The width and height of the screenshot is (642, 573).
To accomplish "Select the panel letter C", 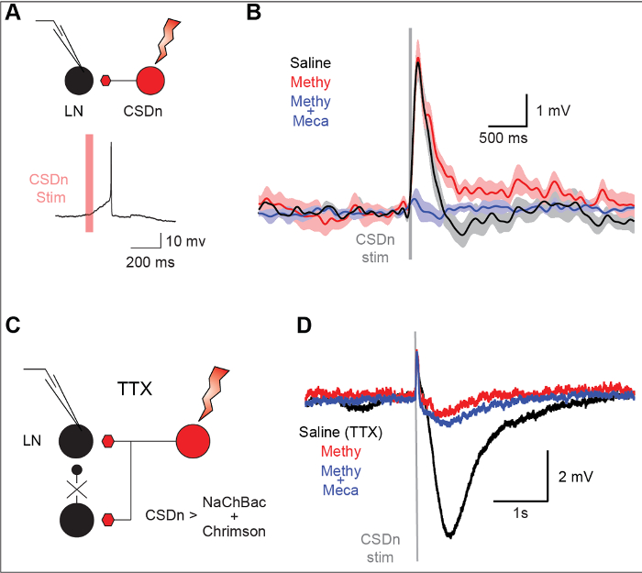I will (12, 324).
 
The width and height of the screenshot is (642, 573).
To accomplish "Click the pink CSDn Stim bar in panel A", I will (89, 183).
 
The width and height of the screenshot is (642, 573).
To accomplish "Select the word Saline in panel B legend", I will (310, 63).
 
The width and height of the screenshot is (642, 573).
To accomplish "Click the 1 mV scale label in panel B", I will (557, 111).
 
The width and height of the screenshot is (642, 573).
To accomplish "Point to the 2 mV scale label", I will (579, 477).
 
